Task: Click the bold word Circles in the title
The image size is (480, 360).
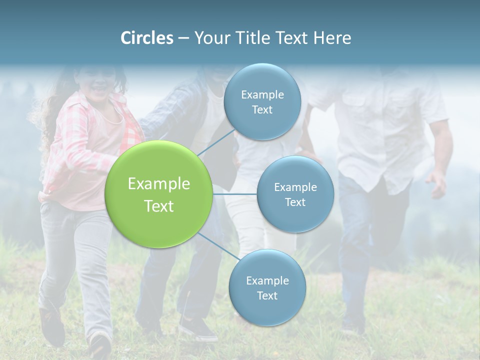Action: [x=147, y=38]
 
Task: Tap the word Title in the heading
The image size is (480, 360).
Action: [x=250, y=38]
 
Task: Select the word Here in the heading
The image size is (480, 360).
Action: [x=332, y=38]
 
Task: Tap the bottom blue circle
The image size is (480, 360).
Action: [x=267, y=310]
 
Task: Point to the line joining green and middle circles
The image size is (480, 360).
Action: [x=235, y=194]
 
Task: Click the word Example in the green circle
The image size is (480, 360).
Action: [x=159, y=184]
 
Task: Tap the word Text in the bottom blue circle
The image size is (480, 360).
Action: [x=267, y=295]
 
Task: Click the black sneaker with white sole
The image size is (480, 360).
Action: [x=197, y=329]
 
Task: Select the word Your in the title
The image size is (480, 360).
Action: [x=212, y=38]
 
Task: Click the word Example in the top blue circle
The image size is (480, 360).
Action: [x=262, y=94]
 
